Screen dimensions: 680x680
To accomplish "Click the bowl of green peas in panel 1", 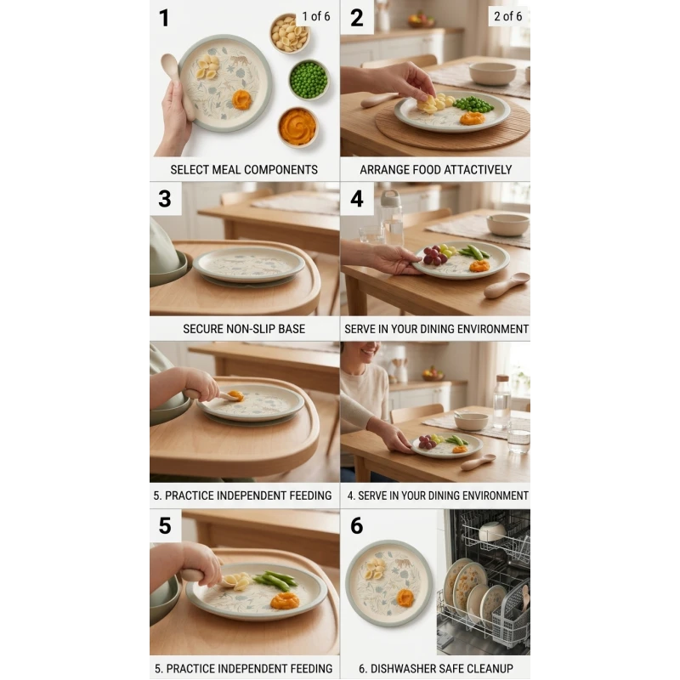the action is [309, 80].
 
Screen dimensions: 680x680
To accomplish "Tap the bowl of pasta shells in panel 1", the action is [289, 33].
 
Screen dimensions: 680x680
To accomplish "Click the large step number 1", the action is [164, 18].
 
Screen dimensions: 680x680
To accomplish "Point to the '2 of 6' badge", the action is [507, 16].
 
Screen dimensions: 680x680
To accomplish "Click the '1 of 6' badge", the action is [315, 16].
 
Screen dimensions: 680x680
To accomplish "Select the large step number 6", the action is [356, 525].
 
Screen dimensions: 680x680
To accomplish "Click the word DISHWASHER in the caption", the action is [403, 668].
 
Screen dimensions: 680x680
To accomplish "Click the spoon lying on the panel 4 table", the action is [507, 285].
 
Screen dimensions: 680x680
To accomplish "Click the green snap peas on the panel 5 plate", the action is [275, 580].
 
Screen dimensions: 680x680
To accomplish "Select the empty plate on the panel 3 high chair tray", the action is [249, 264].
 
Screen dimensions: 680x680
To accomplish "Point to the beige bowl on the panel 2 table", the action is [492, 73].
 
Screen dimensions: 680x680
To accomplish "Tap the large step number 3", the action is [165, 199].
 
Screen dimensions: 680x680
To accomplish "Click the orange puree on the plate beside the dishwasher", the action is [406, 598].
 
